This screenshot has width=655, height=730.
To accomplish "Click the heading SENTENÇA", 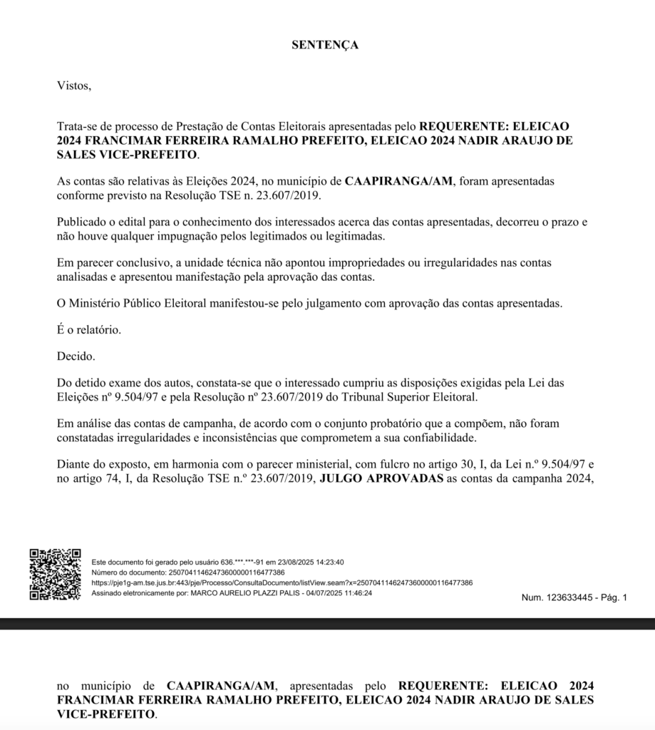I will (325, 45).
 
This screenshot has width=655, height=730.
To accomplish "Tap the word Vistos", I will (74, 86).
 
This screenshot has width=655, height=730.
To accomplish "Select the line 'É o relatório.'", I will (89, 330).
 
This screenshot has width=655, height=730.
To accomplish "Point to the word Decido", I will (75, 356).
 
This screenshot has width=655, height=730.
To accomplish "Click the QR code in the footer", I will (55, 574).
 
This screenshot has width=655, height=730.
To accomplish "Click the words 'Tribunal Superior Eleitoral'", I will (414, 396).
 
